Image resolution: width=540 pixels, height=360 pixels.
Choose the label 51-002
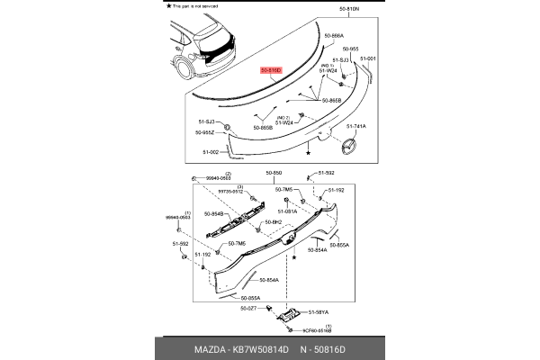pos(208,153)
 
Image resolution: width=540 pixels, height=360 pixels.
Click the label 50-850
pos(273,173)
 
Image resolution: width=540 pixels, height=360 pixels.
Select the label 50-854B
pos(215,213)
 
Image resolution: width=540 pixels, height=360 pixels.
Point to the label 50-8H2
pos(272,222)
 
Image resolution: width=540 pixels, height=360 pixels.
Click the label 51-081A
pos(298,211)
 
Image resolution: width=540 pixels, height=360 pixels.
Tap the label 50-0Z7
pos(249,309)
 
